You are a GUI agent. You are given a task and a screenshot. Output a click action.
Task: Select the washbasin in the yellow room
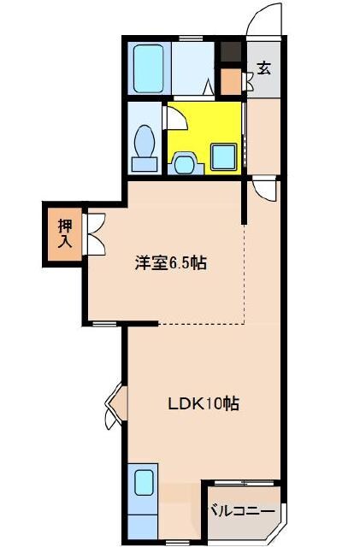click(185, 161)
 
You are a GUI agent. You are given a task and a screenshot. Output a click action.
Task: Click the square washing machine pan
click(224, 155)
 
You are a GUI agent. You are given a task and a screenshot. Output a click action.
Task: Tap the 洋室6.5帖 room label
click(170, 263)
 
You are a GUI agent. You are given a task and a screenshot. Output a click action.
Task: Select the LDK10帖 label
click(202, 403)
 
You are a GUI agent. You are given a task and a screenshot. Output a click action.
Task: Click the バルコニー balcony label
click(243, 511)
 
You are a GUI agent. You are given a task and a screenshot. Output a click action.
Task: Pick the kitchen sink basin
click(143, 483)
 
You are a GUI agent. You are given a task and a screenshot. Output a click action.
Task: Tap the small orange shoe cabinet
click(230, 81)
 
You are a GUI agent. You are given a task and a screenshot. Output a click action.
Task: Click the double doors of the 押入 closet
click(94, 232)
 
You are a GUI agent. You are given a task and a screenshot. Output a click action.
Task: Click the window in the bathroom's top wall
click(189, 38)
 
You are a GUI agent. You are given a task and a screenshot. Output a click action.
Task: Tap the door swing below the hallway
click(264, 190)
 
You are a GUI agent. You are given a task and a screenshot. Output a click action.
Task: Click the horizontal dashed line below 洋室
click(201, 324)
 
